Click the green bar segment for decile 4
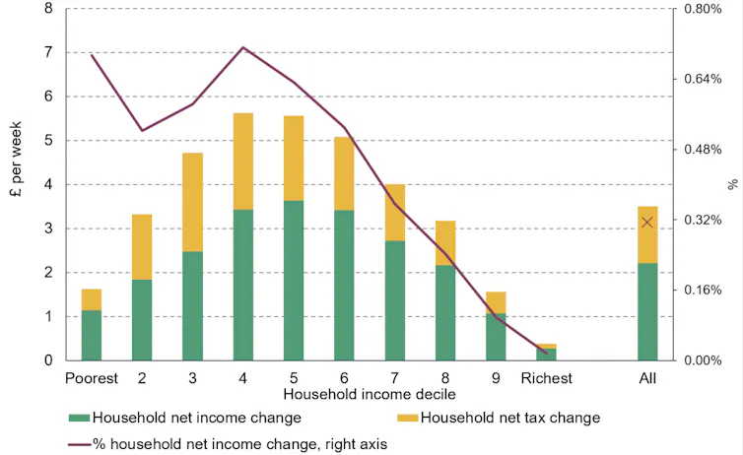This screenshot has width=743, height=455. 243,285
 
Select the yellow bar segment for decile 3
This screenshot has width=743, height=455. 192,202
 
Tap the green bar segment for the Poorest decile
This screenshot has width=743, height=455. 92,335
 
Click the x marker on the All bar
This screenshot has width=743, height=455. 647,222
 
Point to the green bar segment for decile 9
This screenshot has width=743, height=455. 496,337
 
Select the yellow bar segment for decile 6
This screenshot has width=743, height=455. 344,173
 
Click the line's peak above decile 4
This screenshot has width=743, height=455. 243,47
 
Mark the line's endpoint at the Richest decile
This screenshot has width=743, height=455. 546,353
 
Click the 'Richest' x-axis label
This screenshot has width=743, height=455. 547,378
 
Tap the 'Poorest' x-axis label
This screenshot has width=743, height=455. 92,378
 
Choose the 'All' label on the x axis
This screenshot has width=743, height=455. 647,378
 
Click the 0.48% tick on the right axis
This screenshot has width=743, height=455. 704,150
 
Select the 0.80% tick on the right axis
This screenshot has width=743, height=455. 704,10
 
